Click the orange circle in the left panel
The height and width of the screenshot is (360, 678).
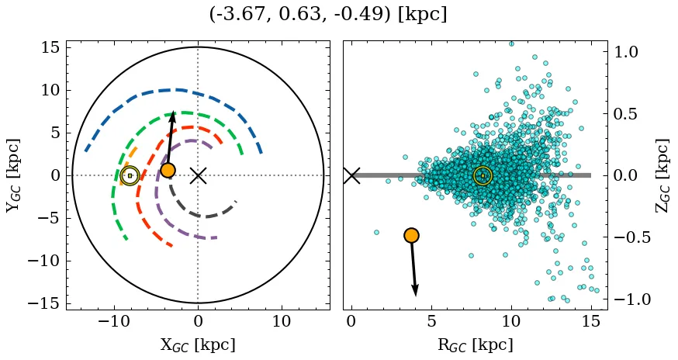[x=168, y=170]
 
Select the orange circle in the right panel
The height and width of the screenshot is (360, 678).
[x=411, y=235]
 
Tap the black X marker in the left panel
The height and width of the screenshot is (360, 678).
[x=198, y=175]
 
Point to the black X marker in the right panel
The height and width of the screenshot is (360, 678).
[x=351, y=175]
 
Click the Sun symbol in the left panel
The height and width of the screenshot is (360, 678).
[x=130, y=175]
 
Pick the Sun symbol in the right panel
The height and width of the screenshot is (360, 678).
[x=483, y=175]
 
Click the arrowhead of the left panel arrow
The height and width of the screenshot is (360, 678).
[x=173, y=116]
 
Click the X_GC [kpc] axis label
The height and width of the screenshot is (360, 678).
[x=198, y=344]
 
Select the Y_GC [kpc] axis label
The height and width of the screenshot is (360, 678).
[x=12, y=175]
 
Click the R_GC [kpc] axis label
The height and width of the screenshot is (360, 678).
[x=476, y=344]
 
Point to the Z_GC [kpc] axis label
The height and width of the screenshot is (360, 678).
[x=663, y=175]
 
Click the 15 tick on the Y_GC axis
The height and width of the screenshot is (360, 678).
[x=50, y=48]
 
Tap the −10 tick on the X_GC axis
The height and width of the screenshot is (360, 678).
[x=114, y=322]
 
